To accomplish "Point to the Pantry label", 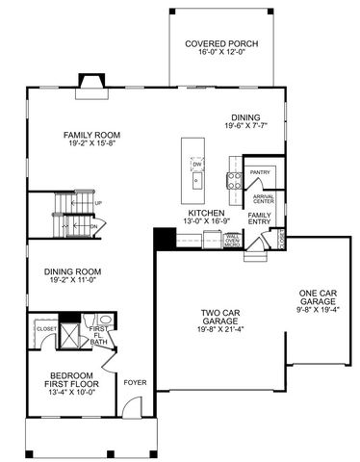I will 259,173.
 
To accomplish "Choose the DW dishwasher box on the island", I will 195,165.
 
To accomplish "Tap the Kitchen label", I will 206,212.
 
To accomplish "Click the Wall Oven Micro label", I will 232,240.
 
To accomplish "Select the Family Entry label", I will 260,219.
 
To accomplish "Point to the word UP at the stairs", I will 98,204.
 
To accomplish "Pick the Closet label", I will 47,328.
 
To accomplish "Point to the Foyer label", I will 134,381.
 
